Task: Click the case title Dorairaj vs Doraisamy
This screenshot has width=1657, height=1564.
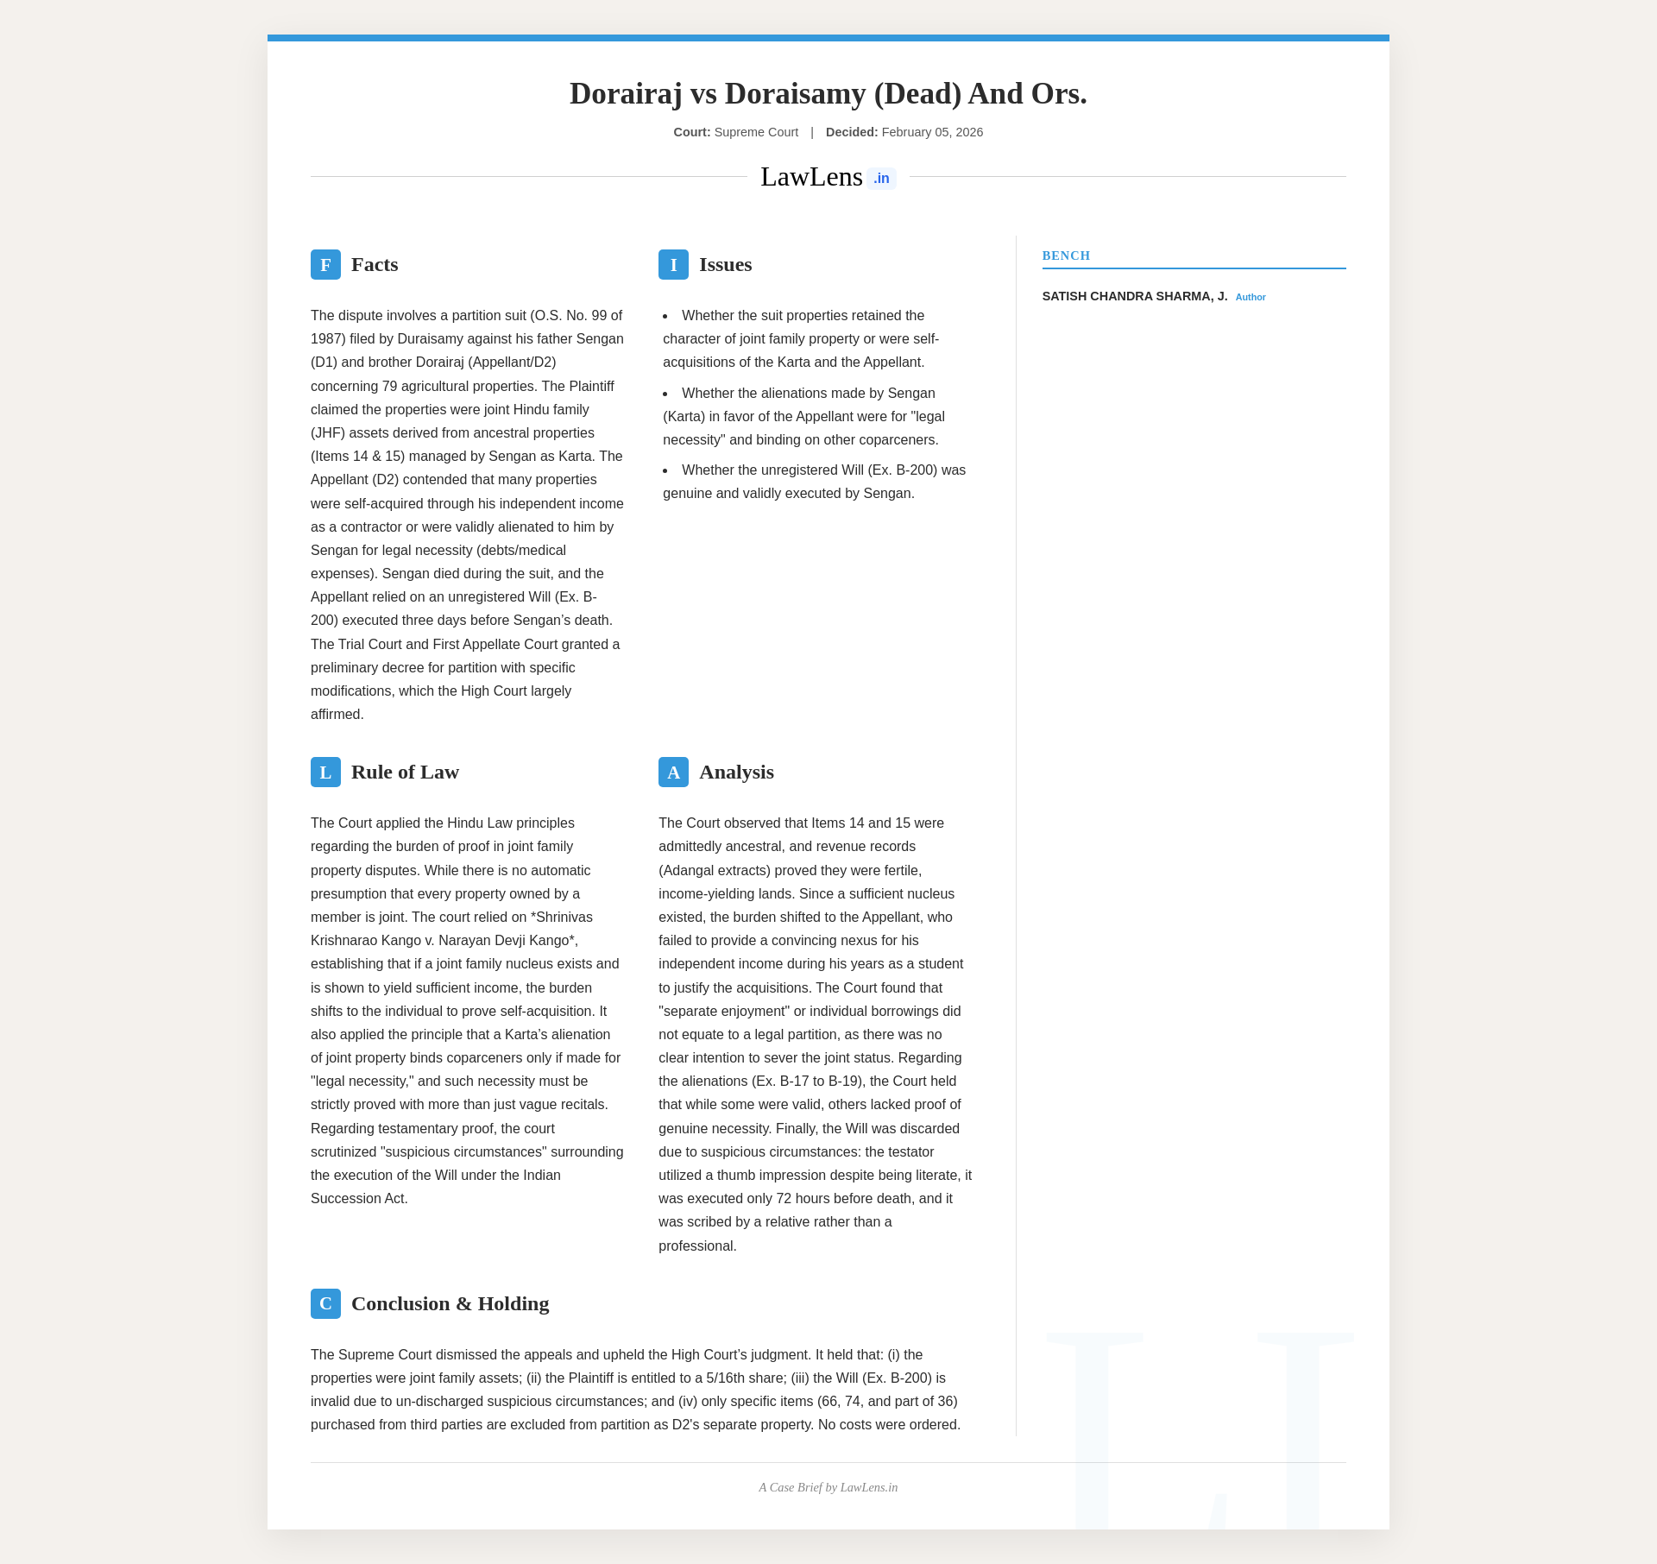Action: [828, 93]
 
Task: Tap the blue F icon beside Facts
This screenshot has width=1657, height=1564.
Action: [325, 264]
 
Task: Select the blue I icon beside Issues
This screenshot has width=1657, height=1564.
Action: [673, 264]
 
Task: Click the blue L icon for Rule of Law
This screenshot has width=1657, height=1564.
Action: [325, 772]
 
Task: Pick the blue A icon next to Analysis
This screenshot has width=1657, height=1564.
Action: [673, 772]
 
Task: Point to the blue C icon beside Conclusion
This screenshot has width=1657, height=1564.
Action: [325, 1303]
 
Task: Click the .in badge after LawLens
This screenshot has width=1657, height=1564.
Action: [881, 179]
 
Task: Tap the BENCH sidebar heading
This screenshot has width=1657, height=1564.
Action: [1066, 255]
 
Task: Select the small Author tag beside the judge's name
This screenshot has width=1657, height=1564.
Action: [1251, 297]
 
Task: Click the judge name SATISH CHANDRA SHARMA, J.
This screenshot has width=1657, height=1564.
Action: [1134, 296]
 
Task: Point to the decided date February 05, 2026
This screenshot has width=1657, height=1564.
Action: [932, 132]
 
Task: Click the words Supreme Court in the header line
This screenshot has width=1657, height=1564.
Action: [756, 132]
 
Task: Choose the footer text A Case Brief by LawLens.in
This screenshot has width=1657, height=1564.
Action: [828, 1487]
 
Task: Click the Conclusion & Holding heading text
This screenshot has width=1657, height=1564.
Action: [450, 1303]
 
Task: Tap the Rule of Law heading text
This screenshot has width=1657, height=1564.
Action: [405, 772]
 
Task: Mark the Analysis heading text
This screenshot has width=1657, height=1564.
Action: [736, 772]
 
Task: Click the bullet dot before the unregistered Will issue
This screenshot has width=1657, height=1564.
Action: [665, 470]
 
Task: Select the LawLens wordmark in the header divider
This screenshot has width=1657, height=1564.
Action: [811, 177]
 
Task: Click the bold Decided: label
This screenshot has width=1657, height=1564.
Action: [851, 132]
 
